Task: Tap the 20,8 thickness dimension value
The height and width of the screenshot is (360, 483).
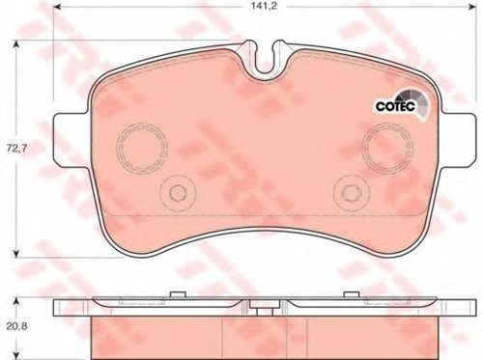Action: click(x=17, y=327)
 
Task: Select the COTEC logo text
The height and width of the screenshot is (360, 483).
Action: click(x=396, y=106)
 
